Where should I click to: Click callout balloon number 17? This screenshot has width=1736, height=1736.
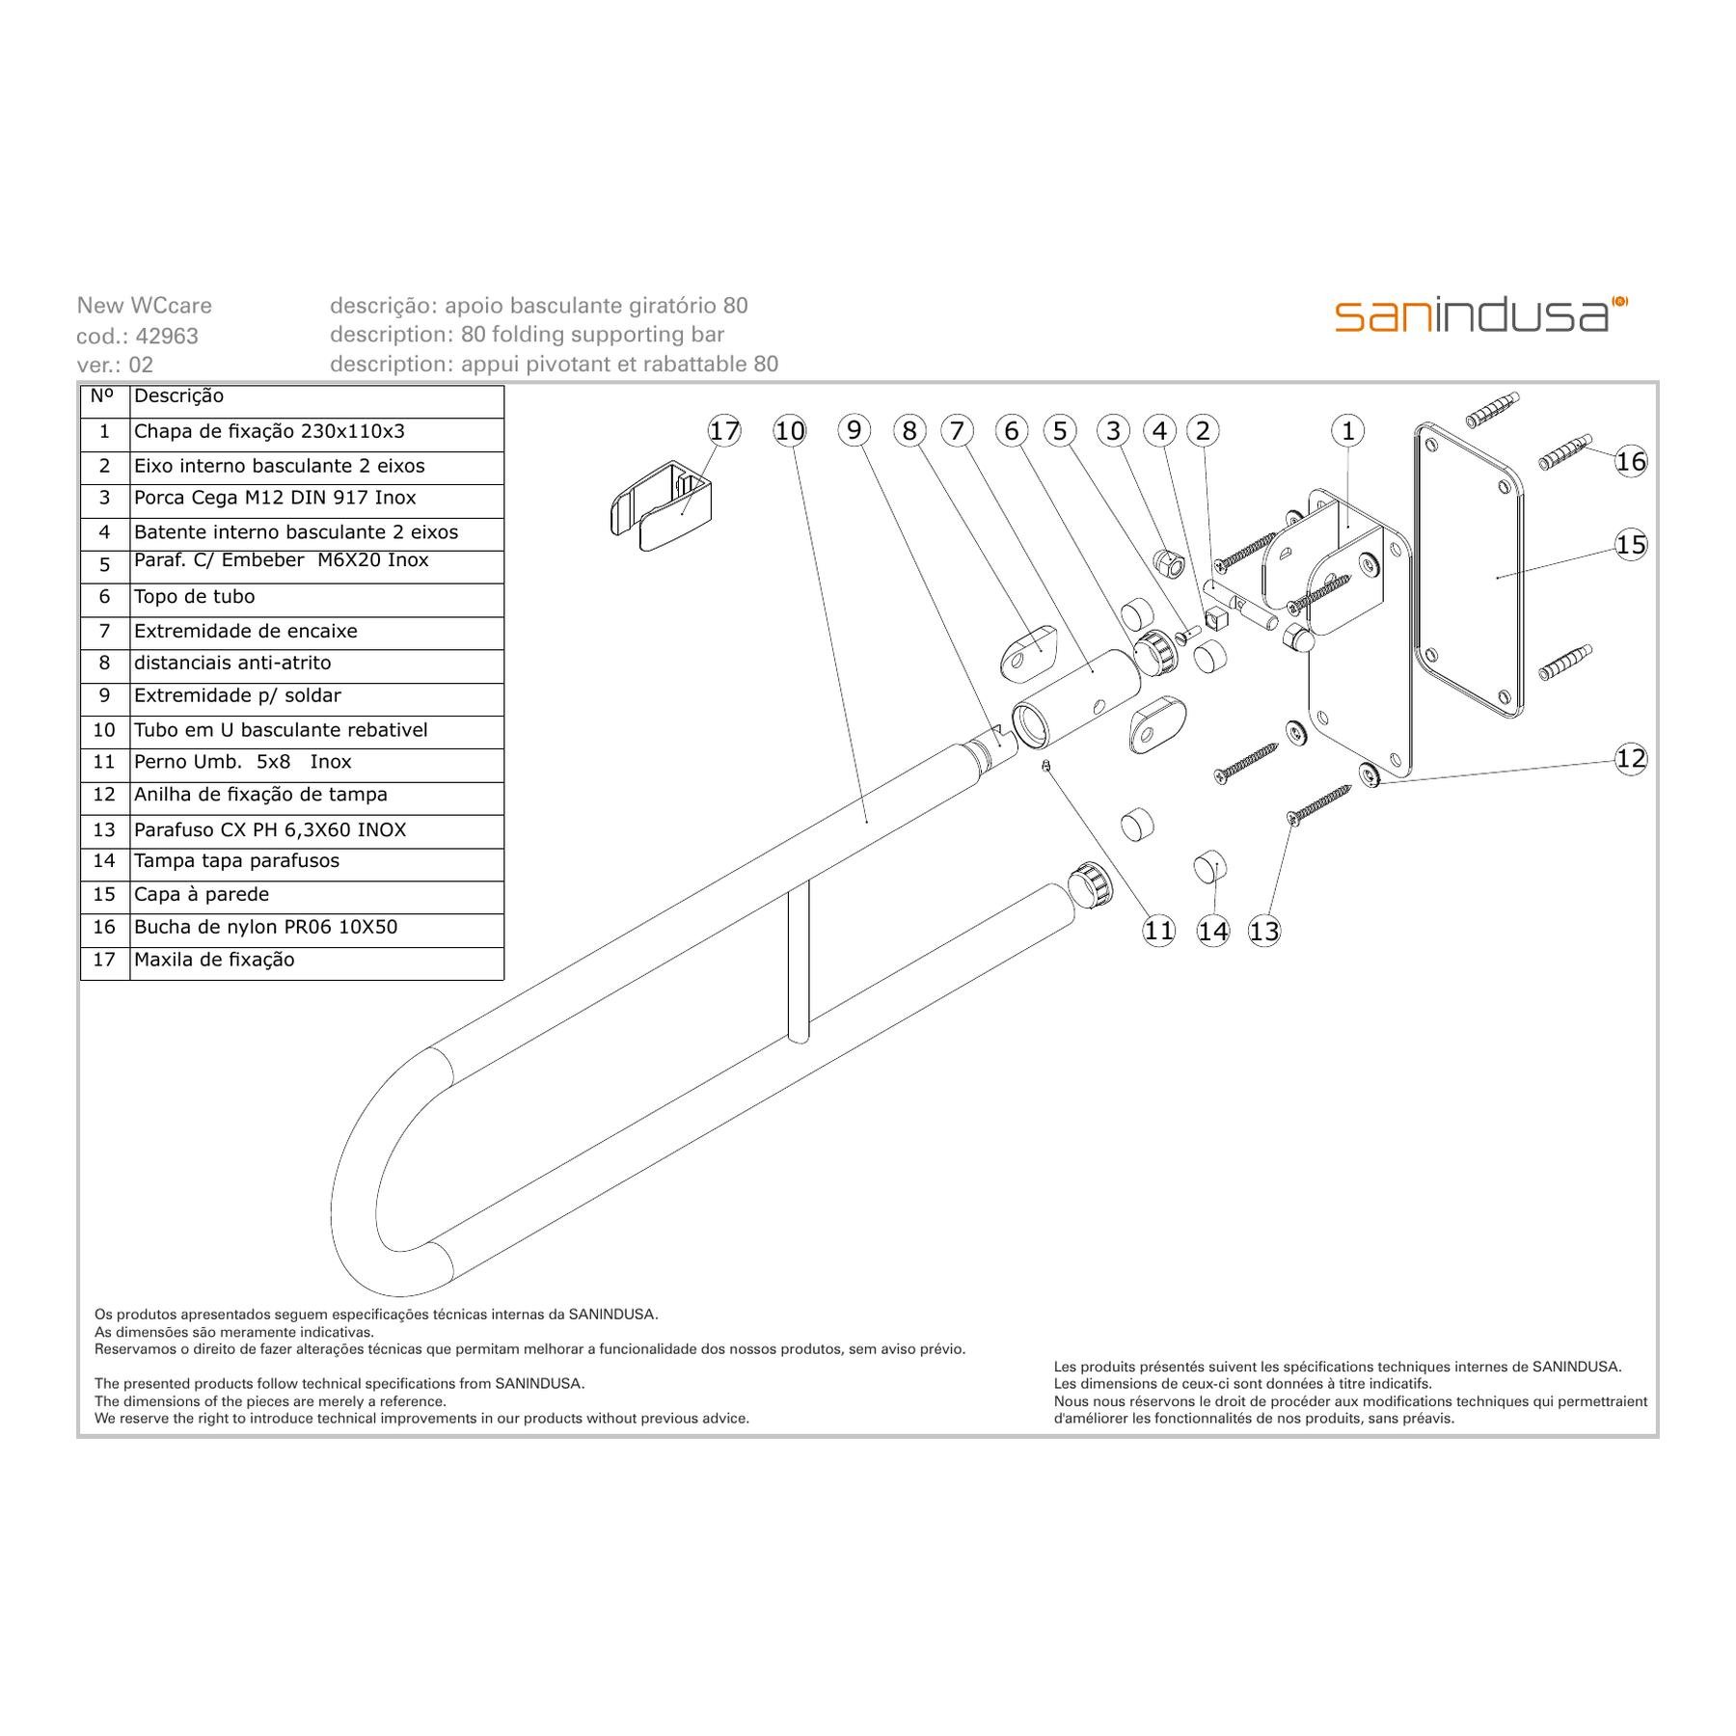(724, 430)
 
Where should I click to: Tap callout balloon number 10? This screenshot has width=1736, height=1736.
(790, 430)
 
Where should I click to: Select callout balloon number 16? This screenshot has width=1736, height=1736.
(1631, 461)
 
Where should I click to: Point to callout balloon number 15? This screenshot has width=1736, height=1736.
(1631, 545)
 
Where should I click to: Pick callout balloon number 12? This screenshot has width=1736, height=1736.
(1631, 758)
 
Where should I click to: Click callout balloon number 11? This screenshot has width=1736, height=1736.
(1158, 930)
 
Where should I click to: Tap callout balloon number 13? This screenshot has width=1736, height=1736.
(1263, 931)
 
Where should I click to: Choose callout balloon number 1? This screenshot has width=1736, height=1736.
(1348, 430)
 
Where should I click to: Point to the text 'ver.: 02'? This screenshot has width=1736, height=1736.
(115, 365)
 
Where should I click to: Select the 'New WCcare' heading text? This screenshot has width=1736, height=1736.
(145, 306)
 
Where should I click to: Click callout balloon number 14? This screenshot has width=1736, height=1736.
(1212, 931)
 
